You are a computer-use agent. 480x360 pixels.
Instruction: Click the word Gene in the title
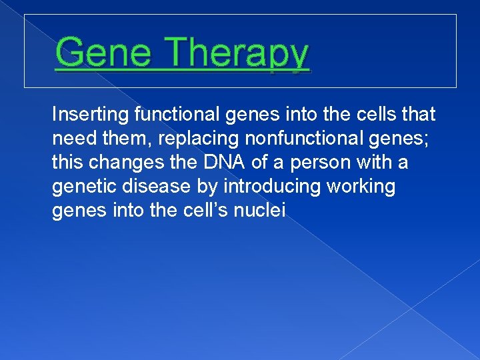pyautogui.click(x=104, y=53)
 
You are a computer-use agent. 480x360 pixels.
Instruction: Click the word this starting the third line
pyautogui.click(x=65, y=163)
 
